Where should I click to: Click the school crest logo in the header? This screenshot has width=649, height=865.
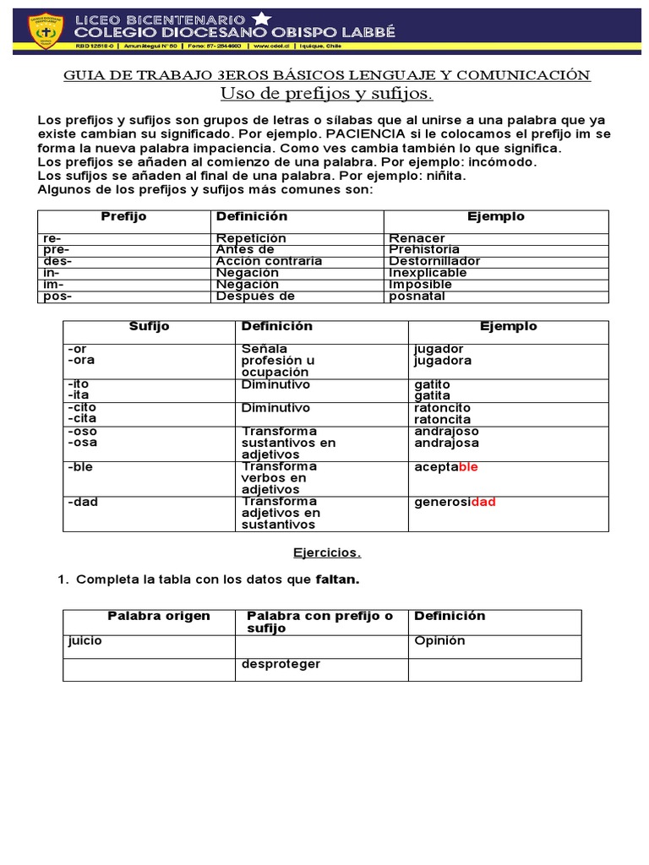point(43,30)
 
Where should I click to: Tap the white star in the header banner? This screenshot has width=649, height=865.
point(262,18)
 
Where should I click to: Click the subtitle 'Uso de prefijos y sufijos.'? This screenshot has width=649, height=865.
point(326,93)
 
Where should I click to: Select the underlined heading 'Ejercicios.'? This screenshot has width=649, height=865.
point(326,553)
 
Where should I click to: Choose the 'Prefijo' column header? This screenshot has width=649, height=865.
point(123,217)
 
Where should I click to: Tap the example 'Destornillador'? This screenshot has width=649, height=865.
point(434,261)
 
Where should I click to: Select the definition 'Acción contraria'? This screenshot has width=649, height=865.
point(269,261)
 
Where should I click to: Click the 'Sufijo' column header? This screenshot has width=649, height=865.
point(149,327)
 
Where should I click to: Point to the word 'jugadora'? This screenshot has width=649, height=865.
point(443,361)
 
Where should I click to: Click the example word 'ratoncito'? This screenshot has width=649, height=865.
point(443,408)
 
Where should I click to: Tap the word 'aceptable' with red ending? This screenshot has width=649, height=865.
point(446,467)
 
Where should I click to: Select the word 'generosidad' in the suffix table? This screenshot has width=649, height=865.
point(455,503)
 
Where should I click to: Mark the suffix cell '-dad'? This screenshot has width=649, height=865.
point(82,502)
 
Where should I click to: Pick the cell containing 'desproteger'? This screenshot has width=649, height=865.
point(281,664)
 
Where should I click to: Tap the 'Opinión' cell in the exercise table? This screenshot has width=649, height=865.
point(439,641)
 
